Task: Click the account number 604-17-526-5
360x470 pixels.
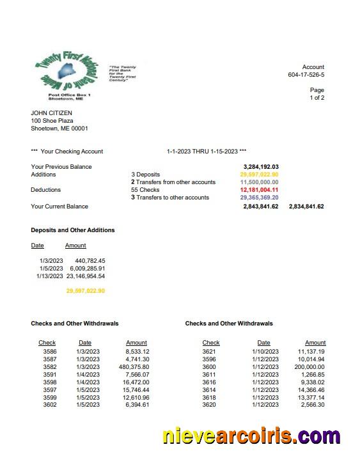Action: tap(306, 75)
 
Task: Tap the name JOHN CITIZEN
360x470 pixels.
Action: tap(52, 113)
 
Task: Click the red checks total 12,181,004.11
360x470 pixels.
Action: tap(259, 190)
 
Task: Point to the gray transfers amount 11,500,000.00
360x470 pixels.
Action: tap(259, 182)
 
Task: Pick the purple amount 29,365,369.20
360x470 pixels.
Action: tap(259, 198)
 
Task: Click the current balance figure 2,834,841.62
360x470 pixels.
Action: tap(306, 207)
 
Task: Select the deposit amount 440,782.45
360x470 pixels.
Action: tap(90, 261)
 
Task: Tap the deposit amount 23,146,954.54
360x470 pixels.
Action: tap(85, 276)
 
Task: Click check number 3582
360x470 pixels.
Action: tap(49, 367)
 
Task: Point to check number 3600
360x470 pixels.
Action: tap(209, 367)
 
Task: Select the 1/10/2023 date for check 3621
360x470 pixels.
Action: tap(264, 352)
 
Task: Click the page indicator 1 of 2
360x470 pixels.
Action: tap(317, 98)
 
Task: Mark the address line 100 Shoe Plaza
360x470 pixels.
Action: tap(52, 121)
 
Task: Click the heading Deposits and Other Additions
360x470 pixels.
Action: tap(72, 230)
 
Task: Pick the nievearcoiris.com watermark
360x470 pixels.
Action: tap(251, 436)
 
